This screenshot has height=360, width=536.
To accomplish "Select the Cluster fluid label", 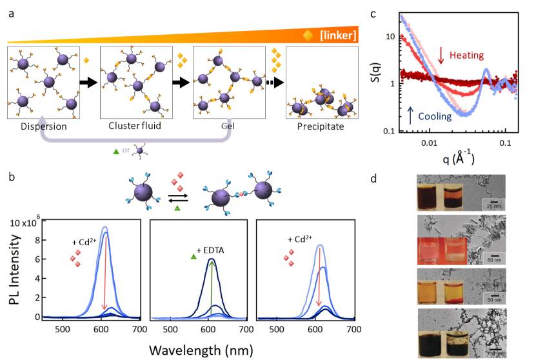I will (x=136, y=126).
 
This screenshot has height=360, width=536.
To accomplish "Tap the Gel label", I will (x=230, y=126).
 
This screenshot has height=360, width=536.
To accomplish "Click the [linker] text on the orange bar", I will (x=337, y=35).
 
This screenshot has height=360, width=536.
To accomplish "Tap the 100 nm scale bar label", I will (x=492, y=354).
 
